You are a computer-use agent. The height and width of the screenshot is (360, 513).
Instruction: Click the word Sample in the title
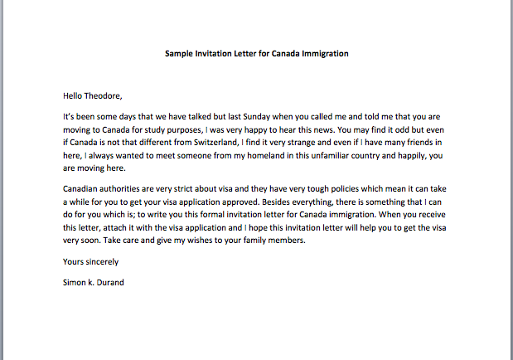tap(180, 54)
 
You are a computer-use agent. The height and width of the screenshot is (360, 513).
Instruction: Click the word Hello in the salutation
tap(74, 95)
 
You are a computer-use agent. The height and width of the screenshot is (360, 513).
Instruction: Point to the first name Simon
tap(75, 280)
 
